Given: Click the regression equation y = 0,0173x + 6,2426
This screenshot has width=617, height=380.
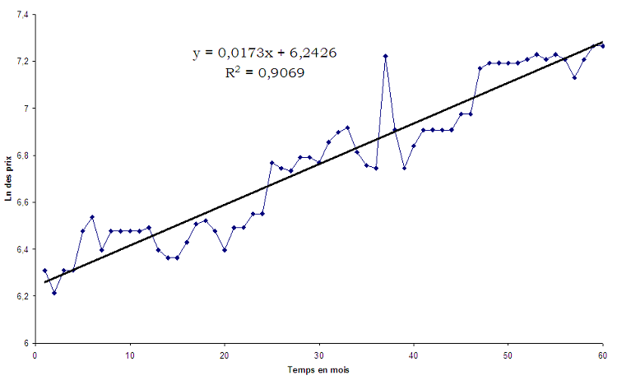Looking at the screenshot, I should (265, 53).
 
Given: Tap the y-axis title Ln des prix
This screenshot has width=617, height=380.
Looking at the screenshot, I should (11, 178).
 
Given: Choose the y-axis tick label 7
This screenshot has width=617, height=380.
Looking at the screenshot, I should (26, 109).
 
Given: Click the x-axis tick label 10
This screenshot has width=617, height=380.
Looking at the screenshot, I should (129, 355).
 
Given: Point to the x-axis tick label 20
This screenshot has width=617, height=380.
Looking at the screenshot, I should (224, 355).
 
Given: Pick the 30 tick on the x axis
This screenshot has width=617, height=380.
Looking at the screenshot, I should (318, 355).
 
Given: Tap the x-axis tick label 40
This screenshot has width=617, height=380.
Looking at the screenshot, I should (414, 355).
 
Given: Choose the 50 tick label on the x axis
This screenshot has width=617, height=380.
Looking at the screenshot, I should (508, 355).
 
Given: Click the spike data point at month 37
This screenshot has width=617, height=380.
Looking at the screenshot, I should (385, 56).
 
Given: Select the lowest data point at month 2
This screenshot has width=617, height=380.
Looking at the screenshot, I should (53, 292).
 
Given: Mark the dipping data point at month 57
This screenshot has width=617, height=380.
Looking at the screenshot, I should (574, 77).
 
